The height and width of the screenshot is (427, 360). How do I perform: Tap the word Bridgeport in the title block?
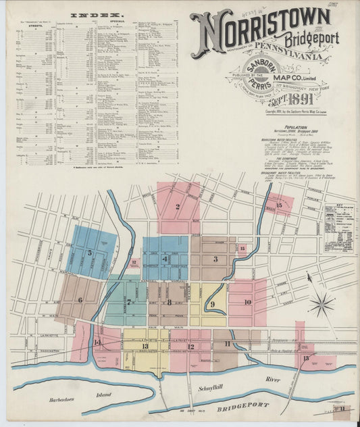click(x=311, y=39)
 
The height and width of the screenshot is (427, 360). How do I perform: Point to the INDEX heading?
click(x=97, y=14)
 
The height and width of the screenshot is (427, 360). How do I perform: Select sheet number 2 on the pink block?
click(x=177, y=207)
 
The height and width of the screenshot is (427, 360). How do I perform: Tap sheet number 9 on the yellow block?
click(x=213, y=305)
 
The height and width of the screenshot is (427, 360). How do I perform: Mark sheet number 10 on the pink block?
click(x=247, y=301)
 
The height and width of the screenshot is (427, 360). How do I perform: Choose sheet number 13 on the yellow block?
click(x=145, y=347)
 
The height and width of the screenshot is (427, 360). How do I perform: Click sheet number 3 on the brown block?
click(x=215, y=259)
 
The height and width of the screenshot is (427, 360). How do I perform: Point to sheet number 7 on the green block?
click(x=128, y=301)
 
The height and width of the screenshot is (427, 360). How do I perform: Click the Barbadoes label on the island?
click(x=66, y=401)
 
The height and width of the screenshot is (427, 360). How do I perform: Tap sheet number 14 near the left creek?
click(x=97, y=342)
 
